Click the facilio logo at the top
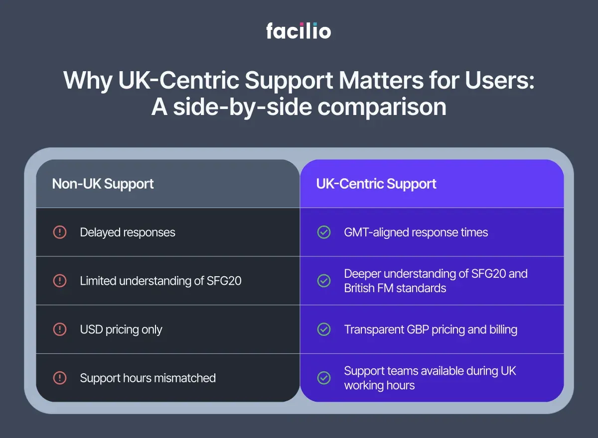click(298, 31)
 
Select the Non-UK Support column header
click(103, 184)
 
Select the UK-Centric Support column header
click(376, 184)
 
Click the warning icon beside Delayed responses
click(60, 232)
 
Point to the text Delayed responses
click(128, 232)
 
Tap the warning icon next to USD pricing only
click(60, 329)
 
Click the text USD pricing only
click(121, 329)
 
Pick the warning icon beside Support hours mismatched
click(60, 378)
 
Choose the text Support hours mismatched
click(148, 378)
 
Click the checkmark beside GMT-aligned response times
click(324, 232)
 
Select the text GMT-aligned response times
click(416, 232)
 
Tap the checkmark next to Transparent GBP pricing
click(324, 329)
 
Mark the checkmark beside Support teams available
click(324, 378)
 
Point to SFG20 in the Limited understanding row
click(224, 281)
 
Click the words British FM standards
click(395, 288)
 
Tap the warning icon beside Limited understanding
click(60, 281)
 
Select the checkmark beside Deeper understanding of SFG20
click(324, 281)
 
